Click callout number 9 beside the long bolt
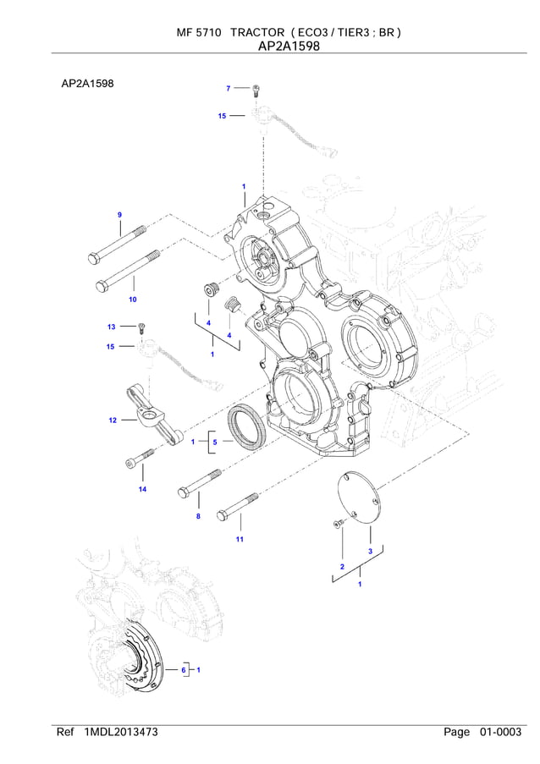120,215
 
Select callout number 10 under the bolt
132,300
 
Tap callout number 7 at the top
229,88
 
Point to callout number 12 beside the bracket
112,420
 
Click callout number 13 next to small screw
111,327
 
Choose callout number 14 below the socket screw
142,490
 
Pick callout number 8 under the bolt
198,516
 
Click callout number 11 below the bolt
240,539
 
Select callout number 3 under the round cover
370,551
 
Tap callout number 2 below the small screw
342,565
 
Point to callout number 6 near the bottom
182,670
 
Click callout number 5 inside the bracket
215,442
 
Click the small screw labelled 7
256,90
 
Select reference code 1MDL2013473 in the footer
121,732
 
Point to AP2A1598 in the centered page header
289,47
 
